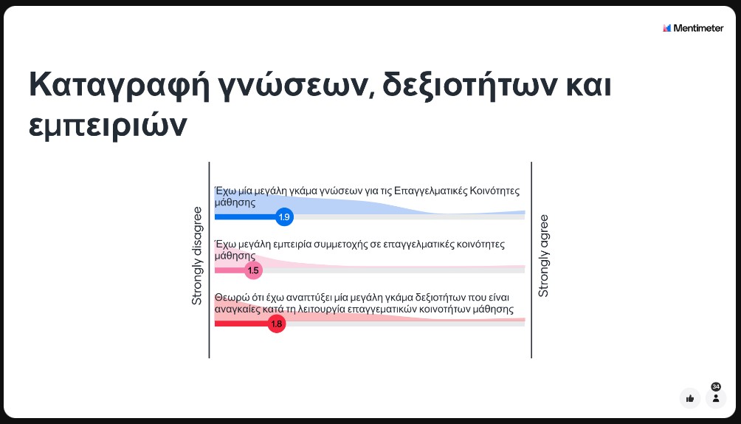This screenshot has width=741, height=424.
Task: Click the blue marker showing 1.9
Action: pyautogui.click(x=284, y=217)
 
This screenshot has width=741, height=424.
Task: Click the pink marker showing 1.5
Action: pyautogui.click(x=253, y=270)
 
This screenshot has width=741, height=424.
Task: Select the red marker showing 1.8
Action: pyautogui.click(x=277, y=324)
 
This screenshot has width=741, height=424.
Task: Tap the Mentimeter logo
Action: pyautogui.click(x=693, y=28)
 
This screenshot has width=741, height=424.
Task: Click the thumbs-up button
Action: pyautogui.click(x=690, y=398)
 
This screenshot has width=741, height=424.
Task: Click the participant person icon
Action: pyautogui.click(x=716, y=398)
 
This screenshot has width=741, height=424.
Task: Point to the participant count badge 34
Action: pyautogui.click(x=716, y=386)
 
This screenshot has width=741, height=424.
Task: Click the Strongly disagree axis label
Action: pyautogui.click(x=197, y=256)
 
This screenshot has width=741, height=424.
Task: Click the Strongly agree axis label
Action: pyautogui.click(x=544, y=256)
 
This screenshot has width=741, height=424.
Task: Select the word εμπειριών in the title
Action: pyautogui.click(x=108, y=126)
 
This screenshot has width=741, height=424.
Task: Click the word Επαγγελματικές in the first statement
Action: pyautogui.click(x=431, y=191)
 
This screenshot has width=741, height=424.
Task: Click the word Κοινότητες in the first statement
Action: pyautogui.click(x=495, y=191)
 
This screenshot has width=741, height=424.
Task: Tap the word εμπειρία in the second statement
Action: pyautogui.click(x=303, y=245)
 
